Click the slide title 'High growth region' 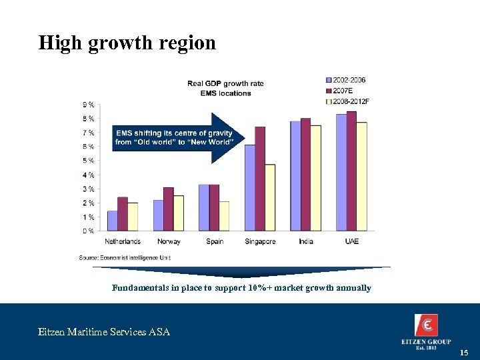(x=127, y=43)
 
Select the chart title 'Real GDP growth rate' (x=225, y=83)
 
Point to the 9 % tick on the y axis (x=88, y=105)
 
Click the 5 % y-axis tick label (x=88, y=161)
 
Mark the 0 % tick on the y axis (x=88, y=231)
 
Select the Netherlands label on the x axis (x=123, y=241)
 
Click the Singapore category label (x=260, y=241)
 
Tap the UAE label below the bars (x=351, y=241)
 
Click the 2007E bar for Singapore (x=260, y=179)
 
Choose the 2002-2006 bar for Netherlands (x=112, y=221)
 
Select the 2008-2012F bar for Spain (x=224, y=216)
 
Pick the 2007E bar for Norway (x=169, y=209)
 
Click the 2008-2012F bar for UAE (x=362, y=177)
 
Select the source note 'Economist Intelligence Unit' (x=125, y=257)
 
